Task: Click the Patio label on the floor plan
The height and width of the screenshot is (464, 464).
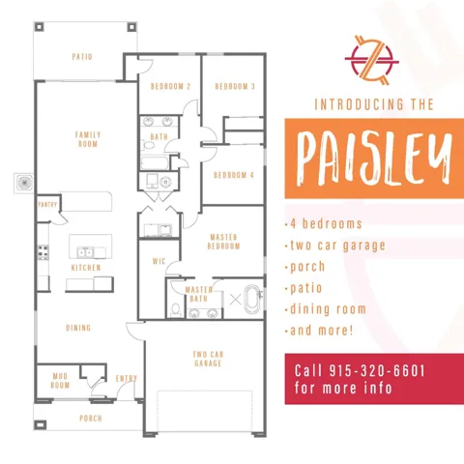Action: pos(82,57)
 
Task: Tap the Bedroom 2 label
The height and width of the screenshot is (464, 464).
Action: pos(170,86)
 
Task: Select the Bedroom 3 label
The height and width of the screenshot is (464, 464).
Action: pos(235,86)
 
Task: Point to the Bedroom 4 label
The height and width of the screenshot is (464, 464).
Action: pos(234,175)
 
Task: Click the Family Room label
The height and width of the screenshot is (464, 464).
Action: pos(88,139)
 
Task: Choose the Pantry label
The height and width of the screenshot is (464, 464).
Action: pos(47,205)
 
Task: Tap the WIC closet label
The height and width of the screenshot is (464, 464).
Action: pos(159,261)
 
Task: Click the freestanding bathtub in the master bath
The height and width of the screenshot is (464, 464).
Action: pos(253,299)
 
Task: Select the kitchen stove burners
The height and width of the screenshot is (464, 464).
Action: pos(43,252)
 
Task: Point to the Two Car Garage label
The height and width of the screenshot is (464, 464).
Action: pos(208,359)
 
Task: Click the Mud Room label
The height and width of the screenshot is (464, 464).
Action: pos(60,381)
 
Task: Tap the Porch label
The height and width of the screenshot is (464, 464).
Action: pos(91,419)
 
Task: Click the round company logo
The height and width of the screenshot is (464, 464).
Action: pos(372,61)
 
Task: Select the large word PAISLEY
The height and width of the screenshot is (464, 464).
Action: pos(374,159)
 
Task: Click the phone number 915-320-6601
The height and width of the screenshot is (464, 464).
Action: pos(377,371)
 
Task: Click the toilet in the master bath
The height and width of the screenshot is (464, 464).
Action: pos(176,309)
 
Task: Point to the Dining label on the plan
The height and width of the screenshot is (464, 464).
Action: pos(78,328)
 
